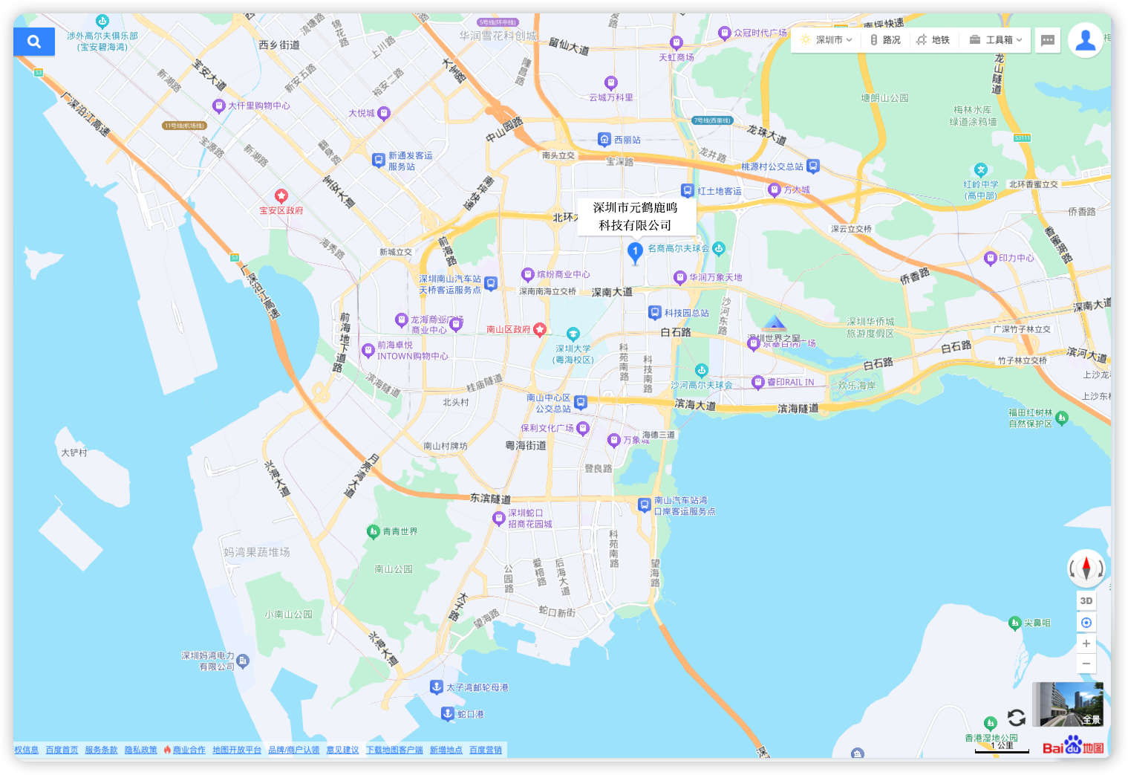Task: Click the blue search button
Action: [x=34, y=42]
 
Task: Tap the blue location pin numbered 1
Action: [x=635, y=252]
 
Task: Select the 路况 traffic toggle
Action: [x=885, y=40]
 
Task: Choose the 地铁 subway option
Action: [x=933, y=40]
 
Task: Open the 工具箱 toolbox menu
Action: [x=997, y=40]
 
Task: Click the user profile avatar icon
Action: [x=1085, y=40]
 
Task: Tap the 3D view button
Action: [x=1086, y=600]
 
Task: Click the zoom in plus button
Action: [x=1086, y=643]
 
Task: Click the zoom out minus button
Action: [x=1086, y=664]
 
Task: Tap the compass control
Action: [x=1086, y=569]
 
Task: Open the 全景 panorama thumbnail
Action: [x=1067, y=704]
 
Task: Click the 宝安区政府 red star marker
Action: [x=281, y=196]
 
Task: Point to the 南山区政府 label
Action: [x=509, y=329]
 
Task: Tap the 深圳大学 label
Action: [x=573, y=348]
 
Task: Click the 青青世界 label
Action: [x=400, y=531]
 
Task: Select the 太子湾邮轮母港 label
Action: [x=477, y=687]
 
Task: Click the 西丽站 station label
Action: [x=627, y=140]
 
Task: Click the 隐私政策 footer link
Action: [x=140, y=750]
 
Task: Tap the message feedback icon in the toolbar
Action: [x=1048, y=40]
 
